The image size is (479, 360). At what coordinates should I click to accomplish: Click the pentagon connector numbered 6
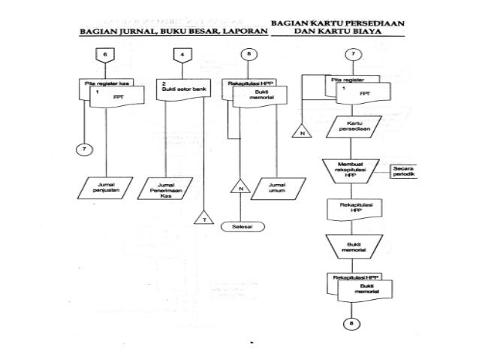click(x=105, y=54)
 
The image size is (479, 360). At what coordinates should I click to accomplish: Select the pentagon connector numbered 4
click(x=182, y=54)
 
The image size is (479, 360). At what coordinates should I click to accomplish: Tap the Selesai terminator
click(x=241, y=225)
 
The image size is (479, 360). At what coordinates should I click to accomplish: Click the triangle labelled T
click(x=204, y=219)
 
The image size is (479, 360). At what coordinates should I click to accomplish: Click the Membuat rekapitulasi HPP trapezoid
click(x=350, y=170)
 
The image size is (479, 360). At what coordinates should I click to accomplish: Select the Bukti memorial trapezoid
click(x=350, y=246)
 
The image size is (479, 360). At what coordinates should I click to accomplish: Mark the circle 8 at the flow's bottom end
click(x=351, y=324)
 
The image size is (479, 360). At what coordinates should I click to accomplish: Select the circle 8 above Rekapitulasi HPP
click(x=249, y=54)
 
